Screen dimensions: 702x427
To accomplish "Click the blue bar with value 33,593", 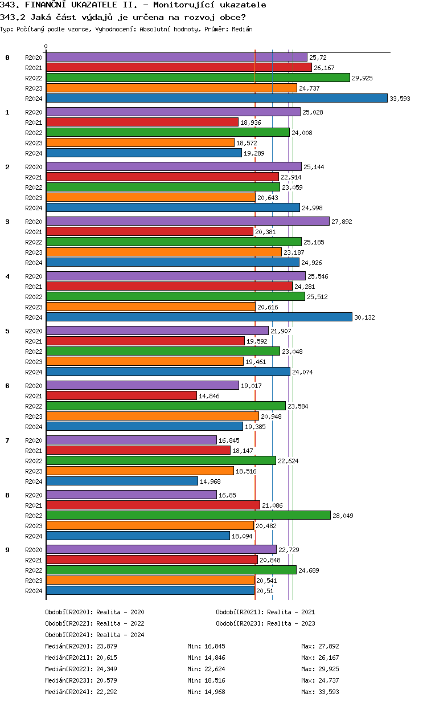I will (x=216, y=98).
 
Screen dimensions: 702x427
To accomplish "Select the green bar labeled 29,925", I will (x=198, y=77).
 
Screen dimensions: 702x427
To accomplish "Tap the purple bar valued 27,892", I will (x=187, y=221).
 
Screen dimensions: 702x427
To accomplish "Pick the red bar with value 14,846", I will (x=121, y=395).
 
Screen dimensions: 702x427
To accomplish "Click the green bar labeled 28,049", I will (x=188, y=515).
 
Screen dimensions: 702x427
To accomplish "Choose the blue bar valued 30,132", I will (x=199, y=317).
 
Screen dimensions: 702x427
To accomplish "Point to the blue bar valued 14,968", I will (x=122, y=481).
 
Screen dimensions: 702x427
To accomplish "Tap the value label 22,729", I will (x=289, y=550).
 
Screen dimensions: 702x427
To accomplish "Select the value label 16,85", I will (x=227, y=495).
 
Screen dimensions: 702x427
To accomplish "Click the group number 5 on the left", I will (x=7, y=331).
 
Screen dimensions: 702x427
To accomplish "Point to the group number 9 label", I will (x=7, y=550).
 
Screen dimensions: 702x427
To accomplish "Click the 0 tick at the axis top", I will (x=46, y=47).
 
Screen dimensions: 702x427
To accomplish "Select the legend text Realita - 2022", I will (x=120, y=623).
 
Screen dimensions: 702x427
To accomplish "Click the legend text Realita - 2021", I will (x=291, y=612).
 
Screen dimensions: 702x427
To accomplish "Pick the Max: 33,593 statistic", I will (x=320, y=692).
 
